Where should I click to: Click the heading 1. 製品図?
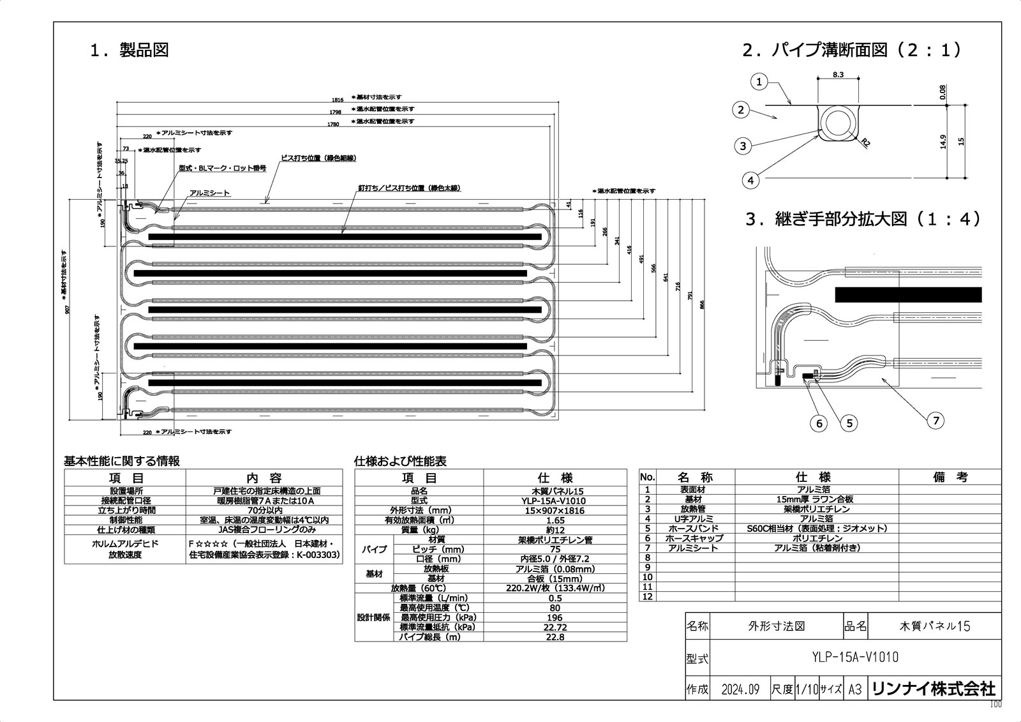130,50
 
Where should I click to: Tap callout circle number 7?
936,419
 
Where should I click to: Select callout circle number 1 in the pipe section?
759,82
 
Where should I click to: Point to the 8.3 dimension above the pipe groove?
838,75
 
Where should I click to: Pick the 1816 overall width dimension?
338,100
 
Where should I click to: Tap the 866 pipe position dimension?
702,305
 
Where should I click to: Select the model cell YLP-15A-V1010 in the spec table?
555,501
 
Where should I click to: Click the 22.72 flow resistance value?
555,628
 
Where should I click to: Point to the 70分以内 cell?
264,510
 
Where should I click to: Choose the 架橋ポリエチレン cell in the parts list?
816,509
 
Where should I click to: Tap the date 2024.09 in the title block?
740,689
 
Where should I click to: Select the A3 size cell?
855,689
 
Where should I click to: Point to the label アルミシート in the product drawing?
209,193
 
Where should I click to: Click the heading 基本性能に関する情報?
121,461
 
